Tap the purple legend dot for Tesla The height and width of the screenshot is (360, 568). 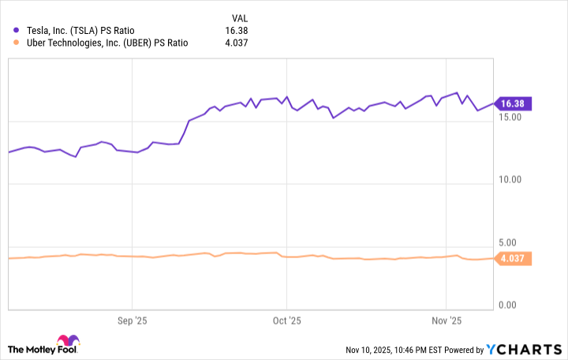(17, 30)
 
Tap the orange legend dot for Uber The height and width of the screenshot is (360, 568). (17, 43)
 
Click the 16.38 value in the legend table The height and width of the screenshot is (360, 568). (235, 30)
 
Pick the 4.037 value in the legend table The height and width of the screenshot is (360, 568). (234, 43)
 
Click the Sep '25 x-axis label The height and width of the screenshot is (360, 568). (132, 321)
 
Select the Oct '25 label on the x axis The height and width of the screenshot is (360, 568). (286, 321)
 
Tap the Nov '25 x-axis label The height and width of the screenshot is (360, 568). (446, 321)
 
